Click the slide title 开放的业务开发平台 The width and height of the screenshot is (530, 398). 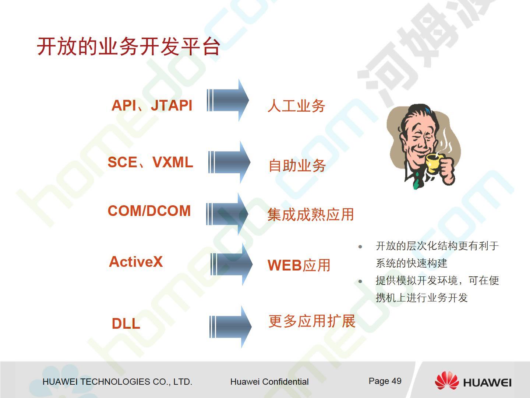pos(128,46)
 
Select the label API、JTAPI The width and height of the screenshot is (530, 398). pos(152,105)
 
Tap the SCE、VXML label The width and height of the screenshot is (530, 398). pos(150,162)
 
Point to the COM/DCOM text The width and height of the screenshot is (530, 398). pos(149,211)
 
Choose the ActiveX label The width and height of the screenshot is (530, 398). pos(136,262)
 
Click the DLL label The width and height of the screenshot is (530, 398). pos(126,323)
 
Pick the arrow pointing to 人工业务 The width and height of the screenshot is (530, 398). pos(228,100)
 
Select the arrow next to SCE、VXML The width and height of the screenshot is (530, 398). pos(229,162)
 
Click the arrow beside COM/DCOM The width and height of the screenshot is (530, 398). pos(227,214)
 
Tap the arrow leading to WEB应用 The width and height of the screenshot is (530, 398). pos(231,264)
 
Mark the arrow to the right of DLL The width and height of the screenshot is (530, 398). pos(230,327)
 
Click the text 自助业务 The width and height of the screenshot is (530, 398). pos(297,165)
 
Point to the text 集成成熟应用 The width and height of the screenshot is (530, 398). pos(311,214)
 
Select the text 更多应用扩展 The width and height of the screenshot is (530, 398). pos(312,321)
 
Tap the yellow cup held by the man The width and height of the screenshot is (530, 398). pos(434,163)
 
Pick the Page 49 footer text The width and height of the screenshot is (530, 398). pos(385,381)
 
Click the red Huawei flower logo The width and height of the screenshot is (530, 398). pos(447,381)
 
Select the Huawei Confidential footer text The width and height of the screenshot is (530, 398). pos(269,382)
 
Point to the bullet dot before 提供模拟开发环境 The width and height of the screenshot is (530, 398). pos(360,281)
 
